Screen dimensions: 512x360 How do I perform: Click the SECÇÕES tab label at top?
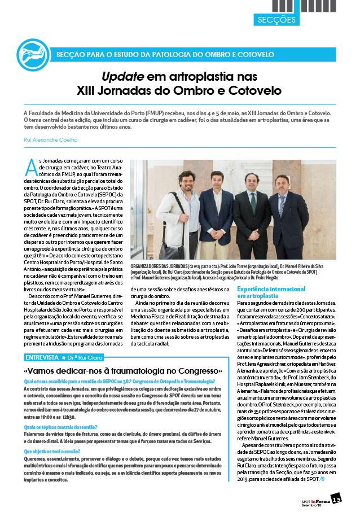[276, 20]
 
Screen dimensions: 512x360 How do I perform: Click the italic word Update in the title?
[121, 77]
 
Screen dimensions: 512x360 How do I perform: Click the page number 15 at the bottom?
[336, 499]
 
